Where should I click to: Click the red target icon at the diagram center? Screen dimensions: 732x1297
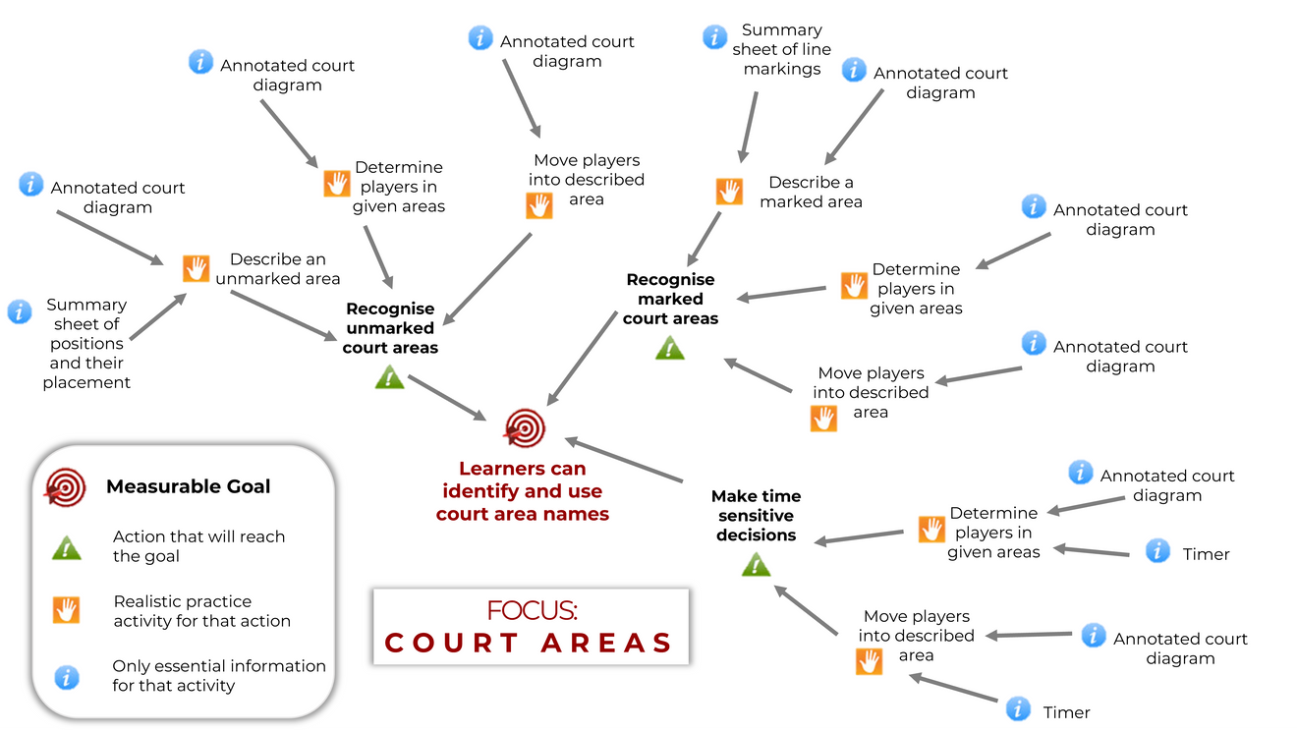(x=524, y=428)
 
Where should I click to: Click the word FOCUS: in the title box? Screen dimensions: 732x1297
(x=532, y=610)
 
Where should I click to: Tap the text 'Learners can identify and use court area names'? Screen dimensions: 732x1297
(x=523, y=491)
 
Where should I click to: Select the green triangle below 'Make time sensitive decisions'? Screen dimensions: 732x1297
(x=756, y=564)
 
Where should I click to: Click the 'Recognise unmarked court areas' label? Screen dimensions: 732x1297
(x=390, y=328)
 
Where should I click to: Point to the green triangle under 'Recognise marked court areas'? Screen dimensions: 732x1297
(x=670, y=347)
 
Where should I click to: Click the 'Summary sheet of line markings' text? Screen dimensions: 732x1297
(x=781, y=49)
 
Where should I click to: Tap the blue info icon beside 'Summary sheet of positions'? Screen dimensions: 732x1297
(x=20, y=311)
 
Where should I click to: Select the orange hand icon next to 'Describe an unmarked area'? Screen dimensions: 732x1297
(x=197, y=268)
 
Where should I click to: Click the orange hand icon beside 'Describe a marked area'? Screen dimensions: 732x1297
(x=729, y=191)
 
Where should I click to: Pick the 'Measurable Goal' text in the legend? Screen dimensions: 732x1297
(x=188, y=486)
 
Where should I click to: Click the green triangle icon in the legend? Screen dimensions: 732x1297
(x=67, y=547)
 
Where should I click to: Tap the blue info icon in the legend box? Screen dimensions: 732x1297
(x=67, y=676)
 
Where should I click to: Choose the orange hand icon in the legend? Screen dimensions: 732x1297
(x=67, y=610)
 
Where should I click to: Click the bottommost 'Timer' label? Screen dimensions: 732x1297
(x=1066, y=712)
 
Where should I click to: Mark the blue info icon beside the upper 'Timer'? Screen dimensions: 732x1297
(x=1158, y=551)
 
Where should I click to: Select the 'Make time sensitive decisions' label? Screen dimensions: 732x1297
(x=756, y=516)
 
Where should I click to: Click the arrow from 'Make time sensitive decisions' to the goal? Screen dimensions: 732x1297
(x=624, y=460)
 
